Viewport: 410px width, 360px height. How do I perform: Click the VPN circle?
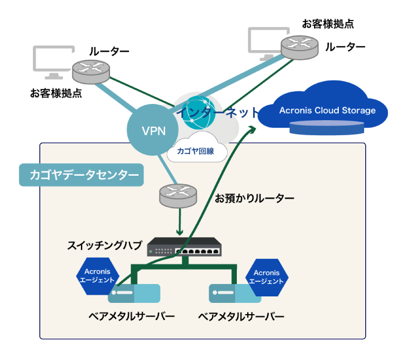coord(153,130)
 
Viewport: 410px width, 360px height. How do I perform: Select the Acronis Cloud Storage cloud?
coord(327,110)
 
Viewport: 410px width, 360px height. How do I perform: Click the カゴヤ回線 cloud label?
coord(195,151)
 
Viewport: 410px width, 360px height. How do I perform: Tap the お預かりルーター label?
coord(255,198)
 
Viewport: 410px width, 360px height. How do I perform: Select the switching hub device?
coord(184,247)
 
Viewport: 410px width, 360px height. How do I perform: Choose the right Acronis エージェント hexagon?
coord(266,277)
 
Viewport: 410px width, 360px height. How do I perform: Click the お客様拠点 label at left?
coord(56,93)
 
